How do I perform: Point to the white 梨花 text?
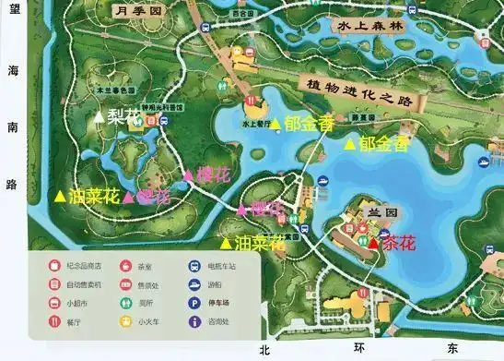[x=123, y=117]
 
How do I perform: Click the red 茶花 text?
[x=398, y=244]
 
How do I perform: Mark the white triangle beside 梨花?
[x=101, y=116]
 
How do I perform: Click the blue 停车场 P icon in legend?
[x=194, y=303]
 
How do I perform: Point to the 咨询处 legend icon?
[x=194, y=322]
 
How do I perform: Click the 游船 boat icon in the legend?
[x=194, y=284]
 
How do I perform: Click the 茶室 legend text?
[x=146, y=267]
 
